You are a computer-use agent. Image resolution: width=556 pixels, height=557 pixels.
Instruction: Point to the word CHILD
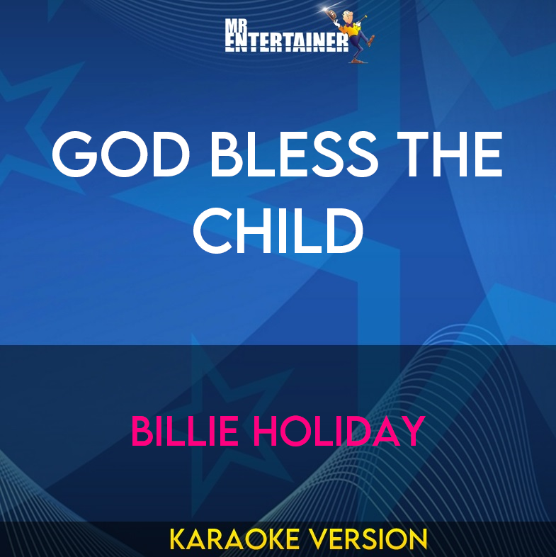coord(278,231)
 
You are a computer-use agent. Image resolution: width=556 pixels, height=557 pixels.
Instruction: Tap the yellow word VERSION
coord(368,539)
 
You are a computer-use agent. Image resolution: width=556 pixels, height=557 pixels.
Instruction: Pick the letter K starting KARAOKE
coord(178,539)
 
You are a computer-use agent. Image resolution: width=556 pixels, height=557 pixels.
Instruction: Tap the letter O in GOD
coord(120,155)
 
